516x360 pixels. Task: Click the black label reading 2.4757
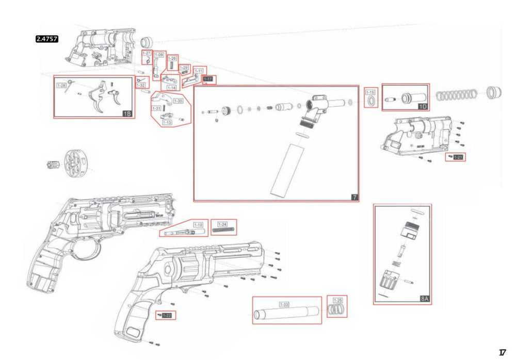click(46, 39)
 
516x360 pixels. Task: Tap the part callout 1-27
click(146, 54)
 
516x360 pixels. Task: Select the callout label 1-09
click(159, 55)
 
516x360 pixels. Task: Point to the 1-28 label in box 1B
click(61, 85)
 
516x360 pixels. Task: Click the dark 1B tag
click(127, 113)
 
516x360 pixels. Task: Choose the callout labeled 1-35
click(178, 100)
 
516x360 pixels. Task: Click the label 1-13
click(167, 123)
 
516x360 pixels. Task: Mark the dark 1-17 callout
click(208, 79)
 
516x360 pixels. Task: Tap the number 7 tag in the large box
click(354, 197)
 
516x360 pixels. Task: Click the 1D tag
click(423, 106)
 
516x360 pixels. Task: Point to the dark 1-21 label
click(458, 157)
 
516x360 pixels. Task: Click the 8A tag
click(425, 299)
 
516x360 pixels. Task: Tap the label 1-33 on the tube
click(284, 304)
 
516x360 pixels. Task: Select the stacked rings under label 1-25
click(337, 309)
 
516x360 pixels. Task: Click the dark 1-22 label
click(167, 315)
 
